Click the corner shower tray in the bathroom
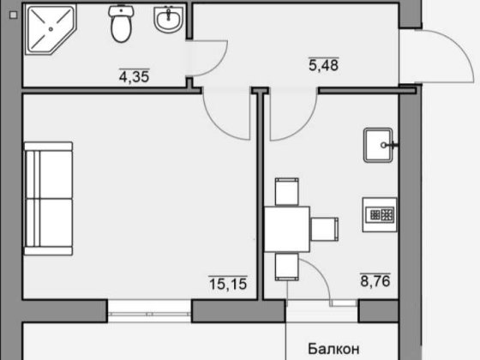[49, 31]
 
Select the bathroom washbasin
[168, 21]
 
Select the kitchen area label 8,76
[375, 279]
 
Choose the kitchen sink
[379, 145]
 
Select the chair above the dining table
[285, 190]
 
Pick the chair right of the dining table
[323, 229]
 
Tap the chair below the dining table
[286, 266]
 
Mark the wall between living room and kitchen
[259, 197]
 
